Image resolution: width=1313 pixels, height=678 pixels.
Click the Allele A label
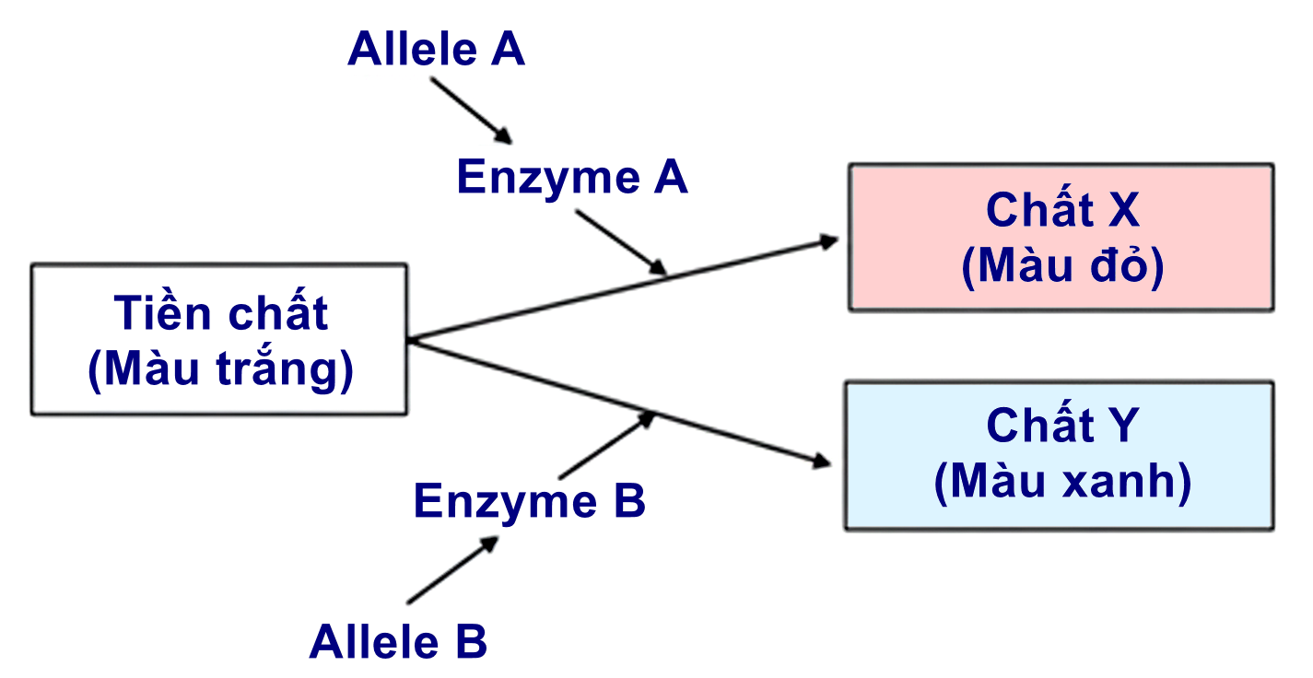[436, 50]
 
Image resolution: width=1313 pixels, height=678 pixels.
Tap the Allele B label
[398, 641]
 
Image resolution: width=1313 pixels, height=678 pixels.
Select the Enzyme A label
[572, 177]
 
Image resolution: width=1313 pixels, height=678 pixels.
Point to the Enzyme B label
[529, 501]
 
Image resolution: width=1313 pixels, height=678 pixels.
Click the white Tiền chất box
[219, 339]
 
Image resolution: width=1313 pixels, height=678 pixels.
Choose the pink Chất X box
[1061, 238]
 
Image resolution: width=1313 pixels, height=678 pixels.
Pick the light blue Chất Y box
[1060, 456]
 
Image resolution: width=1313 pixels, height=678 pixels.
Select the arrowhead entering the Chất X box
[828, 241]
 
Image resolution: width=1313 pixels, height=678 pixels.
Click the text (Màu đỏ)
[1062, 266]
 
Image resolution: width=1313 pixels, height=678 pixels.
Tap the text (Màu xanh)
[1062, 482]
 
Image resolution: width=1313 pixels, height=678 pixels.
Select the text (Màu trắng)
[221, 369]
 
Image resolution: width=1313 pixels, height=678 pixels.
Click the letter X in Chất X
[1123, 211]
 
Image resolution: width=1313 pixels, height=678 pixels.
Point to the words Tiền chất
[221, 313]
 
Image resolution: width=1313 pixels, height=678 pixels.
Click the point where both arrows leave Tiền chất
[409, 340]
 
